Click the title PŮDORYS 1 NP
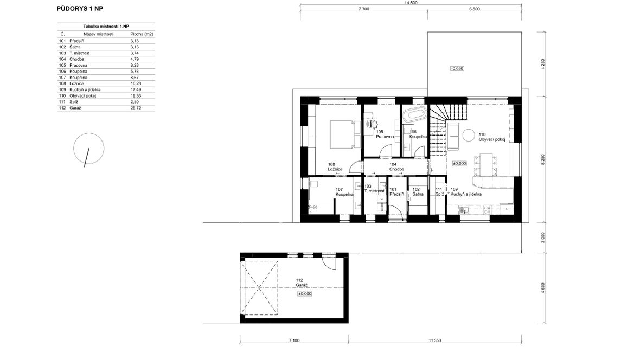pos(80,9)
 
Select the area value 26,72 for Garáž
pos(136,108)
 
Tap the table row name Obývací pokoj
pos(82,96)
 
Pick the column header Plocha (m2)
pos(142,34)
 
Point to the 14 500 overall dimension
pos(411,3)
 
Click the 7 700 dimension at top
pos(364,9)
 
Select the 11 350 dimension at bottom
pos(435,340)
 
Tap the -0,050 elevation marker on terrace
pos(457,68)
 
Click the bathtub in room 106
pos(414,114)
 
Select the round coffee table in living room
pos(468,134)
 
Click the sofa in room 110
pos(453,136)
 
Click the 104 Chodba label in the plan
pos(396,167)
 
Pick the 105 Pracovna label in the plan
pos(385,134)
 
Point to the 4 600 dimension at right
pos(543,288)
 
